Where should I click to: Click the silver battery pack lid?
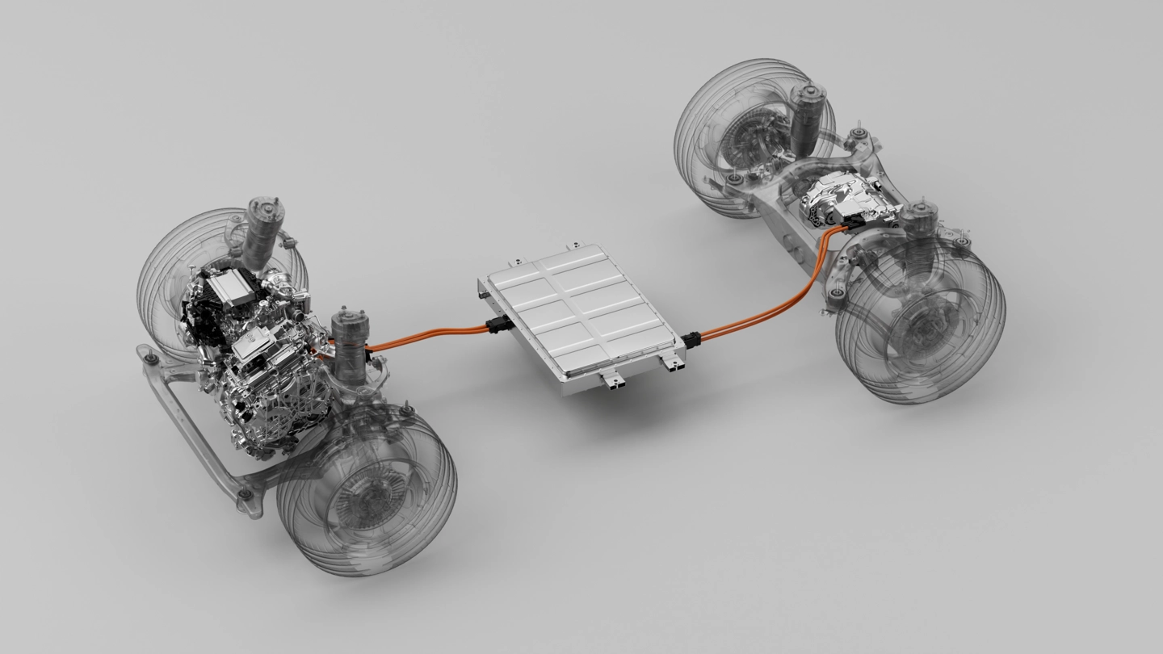pos(578,310)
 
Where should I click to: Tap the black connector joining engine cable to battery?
pos(498,326)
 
